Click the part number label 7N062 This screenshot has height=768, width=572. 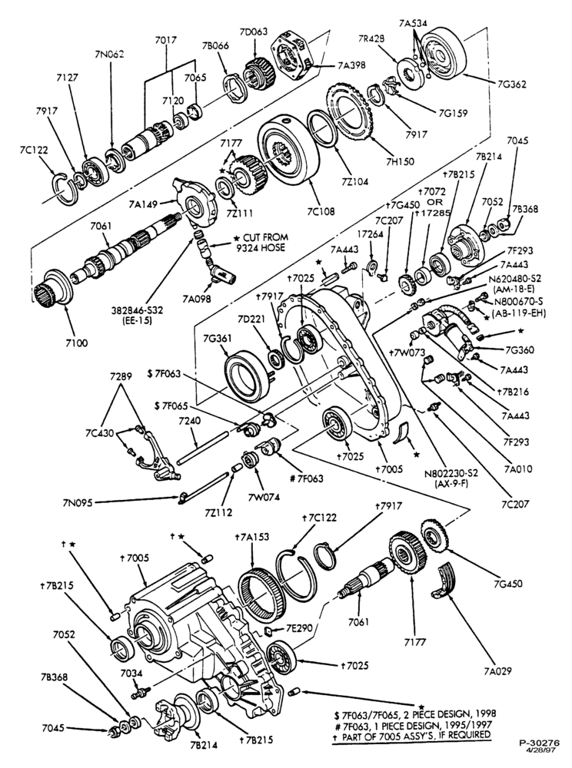click(x=109, y=54)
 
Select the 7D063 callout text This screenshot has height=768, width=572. click(x=254, y=31)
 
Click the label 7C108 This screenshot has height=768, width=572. click(x=321, y=211)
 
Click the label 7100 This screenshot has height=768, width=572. click(x=76, y=343)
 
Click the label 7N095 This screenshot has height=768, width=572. click(x=78, y=502)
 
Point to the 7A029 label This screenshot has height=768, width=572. click(x=497, y=670)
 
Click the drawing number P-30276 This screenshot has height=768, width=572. click(x=540, y=743)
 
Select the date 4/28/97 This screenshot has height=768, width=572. click(x=540, y=750)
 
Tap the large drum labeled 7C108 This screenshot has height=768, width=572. click(x=288, y=157)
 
